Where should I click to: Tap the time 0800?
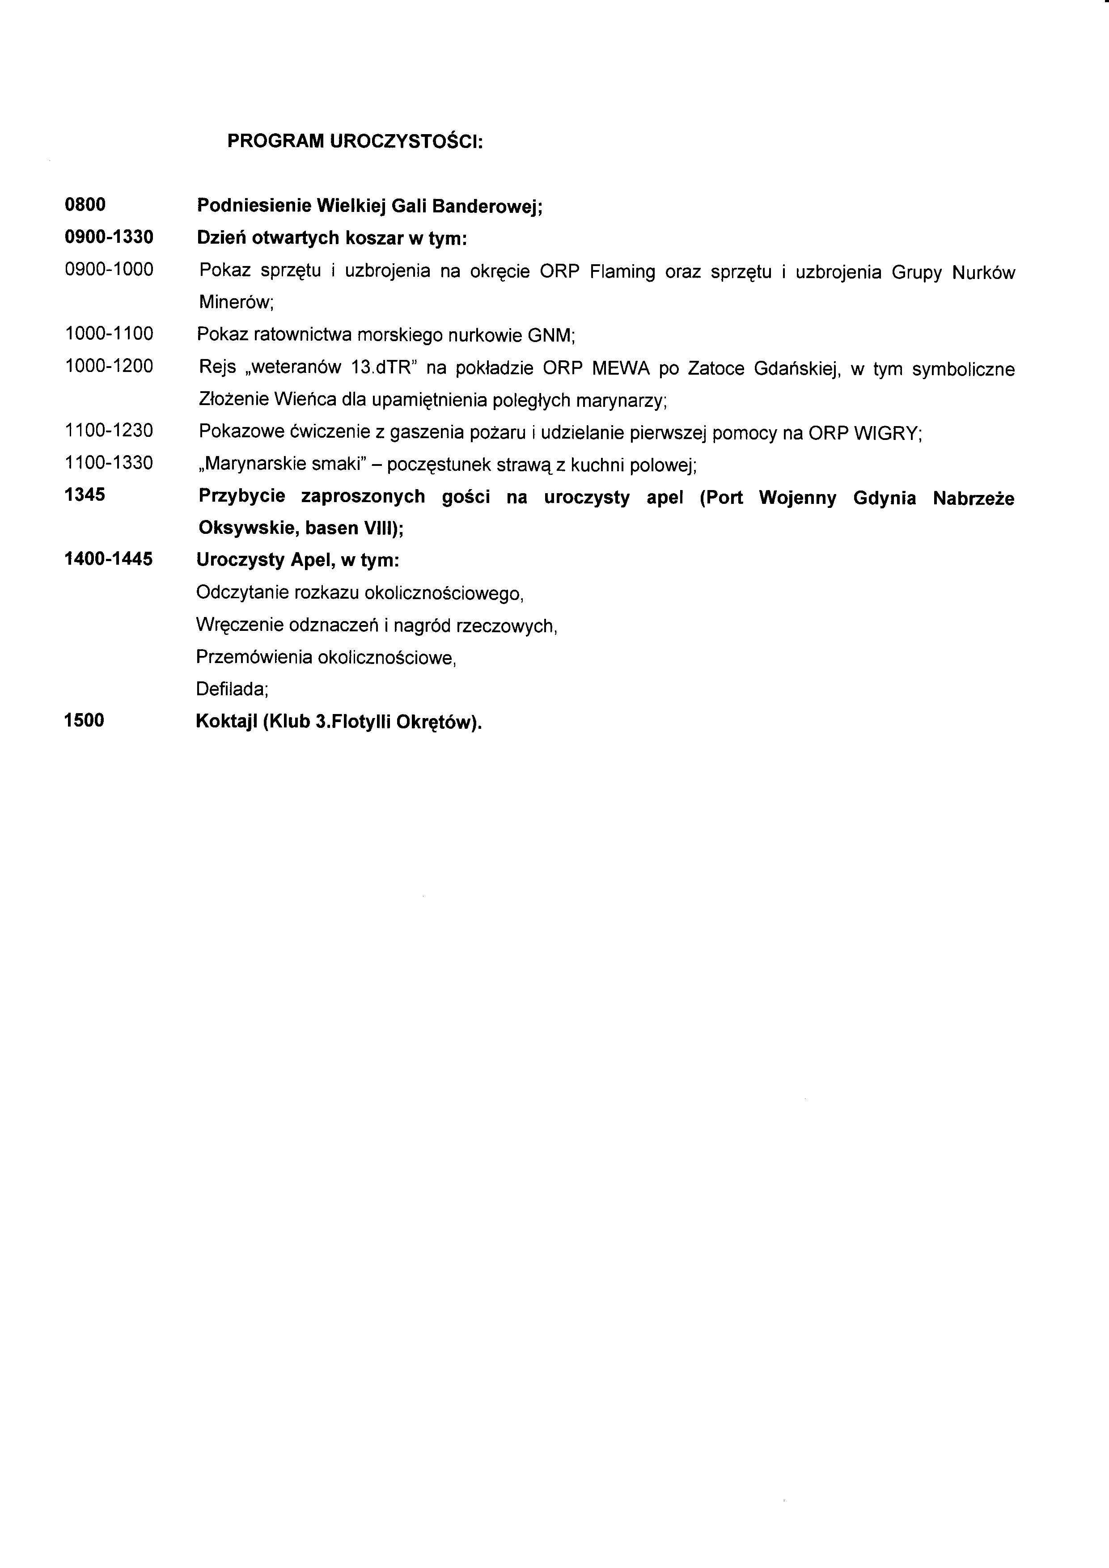tap(85, 204)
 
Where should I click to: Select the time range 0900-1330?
tap(109, 237)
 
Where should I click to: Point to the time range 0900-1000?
tap(109, 270)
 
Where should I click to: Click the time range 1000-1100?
tap(109, 334)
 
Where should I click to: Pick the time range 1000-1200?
tap(109, 367)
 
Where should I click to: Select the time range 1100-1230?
tap(109, 431)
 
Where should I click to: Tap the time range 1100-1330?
tap(109, 463)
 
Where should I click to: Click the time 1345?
tap(85, 494)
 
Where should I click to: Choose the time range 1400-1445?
tap(109, 559)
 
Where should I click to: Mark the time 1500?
tap(84, 720)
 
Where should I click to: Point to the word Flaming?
tap(622, 272)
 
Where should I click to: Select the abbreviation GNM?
tap(551, 335)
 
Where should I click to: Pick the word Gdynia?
tap(885, 498)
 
